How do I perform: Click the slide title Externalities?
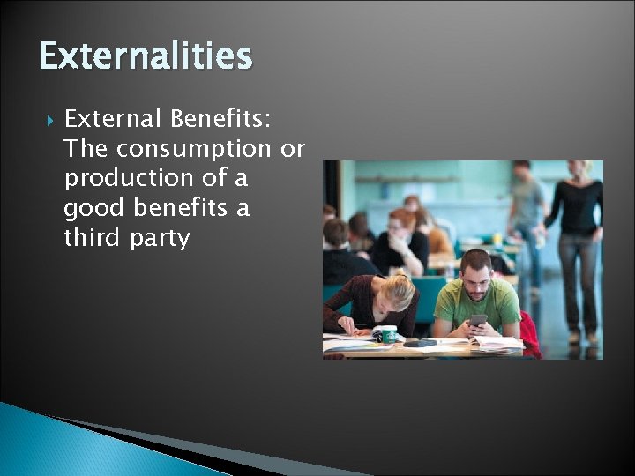coord(146,56)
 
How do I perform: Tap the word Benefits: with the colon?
coord(221,119)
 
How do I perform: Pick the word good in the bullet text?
coord(88,209)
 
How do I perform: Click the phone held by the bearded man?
coord(477,321)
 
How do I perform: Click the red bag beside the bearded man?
coord(529,333)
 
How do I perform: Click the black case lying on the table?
coord(420,342)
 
